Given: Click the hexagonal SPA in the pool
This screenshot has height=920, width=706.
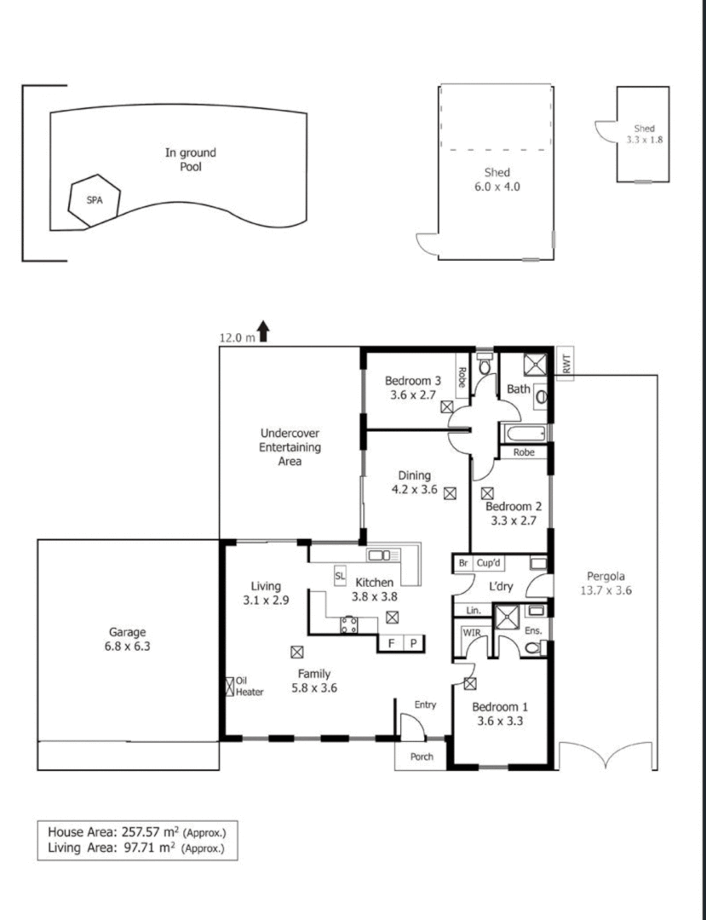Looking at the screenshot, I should (x=94, y=201).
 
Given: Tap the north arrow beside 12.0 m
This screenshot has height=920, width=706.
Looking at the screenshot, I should (x=263, y=331).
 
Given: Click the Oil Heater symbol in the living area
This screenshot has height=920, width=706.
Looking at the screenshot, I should (x=231, y=687).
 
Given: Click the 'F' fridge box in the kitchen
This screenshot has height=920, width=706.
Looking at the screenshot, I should (x=391, y=644).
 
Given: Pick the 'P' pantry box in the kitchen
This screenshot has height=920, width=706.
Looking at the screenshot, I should (x=413, y=644).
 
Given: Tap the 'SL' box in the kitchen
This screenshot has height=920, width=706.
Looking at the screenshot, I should (x=340, y=577).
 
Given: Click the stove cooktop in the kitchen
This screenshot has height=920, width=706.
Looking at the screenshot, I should (x=349, y=624).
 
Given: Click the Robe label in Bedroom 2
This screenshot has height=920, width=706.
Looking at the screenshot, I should (x=524, y=452).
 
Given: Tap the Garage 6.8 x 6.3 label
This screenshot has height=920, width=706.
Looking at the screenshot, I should (x=127, y=639).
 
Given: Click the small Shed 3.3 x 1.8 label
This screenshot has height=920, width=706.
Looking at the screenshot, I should (x=645, y=134).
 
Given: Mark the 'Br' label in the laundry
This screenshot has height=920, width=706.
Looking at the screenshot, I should (x=463, y=563).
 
